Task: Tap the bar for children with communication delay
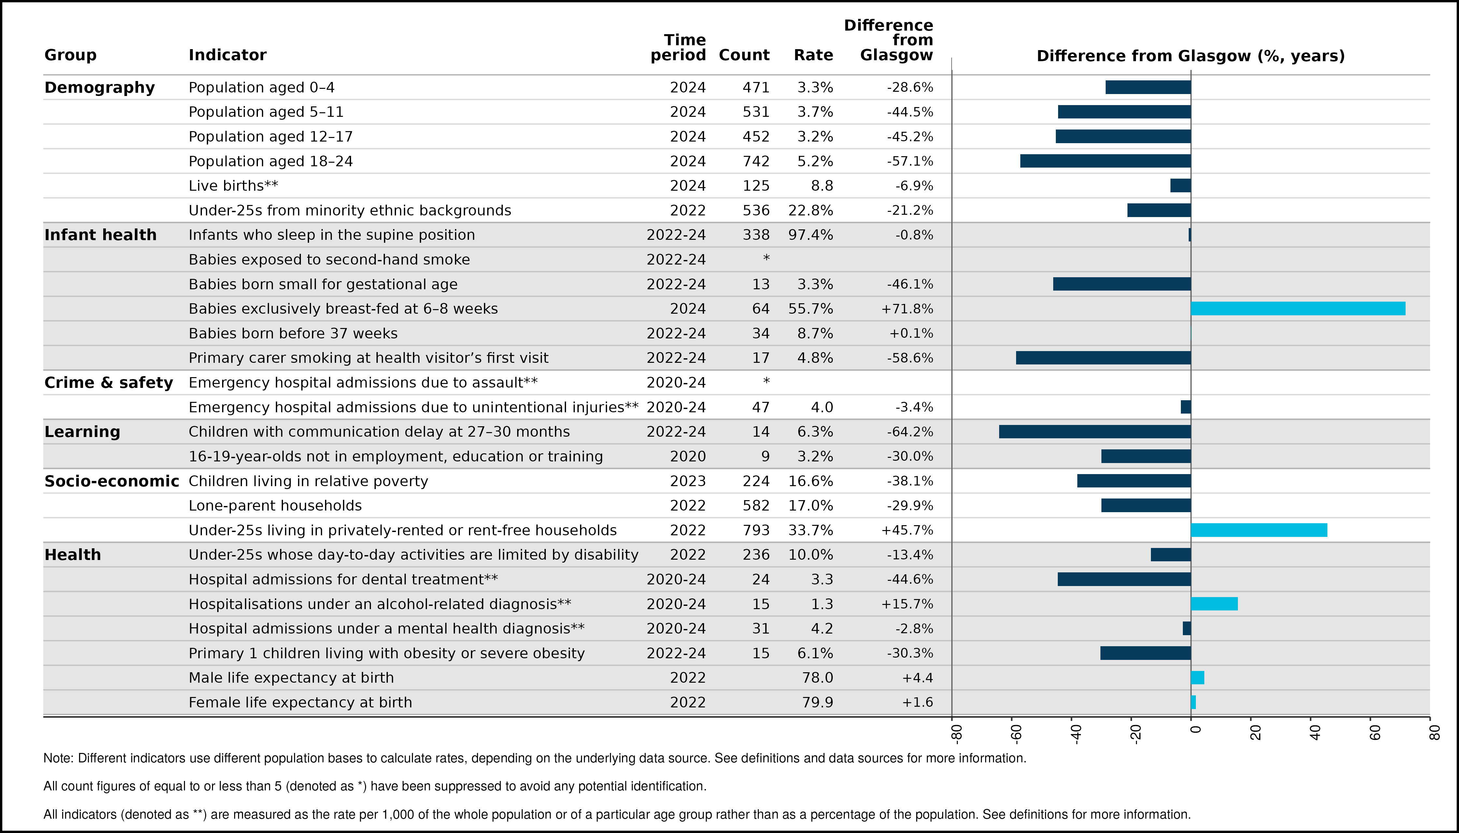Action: (1095, 431)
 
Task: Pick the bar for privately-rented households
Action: (1259, 530)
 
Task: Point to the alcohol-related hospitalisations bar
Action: (1214, 604)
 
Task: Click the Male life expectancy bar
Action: (1197, 677)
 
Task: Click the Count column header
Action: (744, 55)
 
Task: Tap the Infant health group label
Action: (100, 235)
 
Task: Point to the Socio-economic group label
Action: (112, 481)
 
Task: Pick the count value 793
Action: (756, 530)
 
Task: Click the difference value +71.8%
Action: (907, 308)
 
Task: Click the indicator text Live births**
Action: (233, 185)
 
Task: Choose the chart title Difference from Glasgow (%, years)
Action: (1190, 56)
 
